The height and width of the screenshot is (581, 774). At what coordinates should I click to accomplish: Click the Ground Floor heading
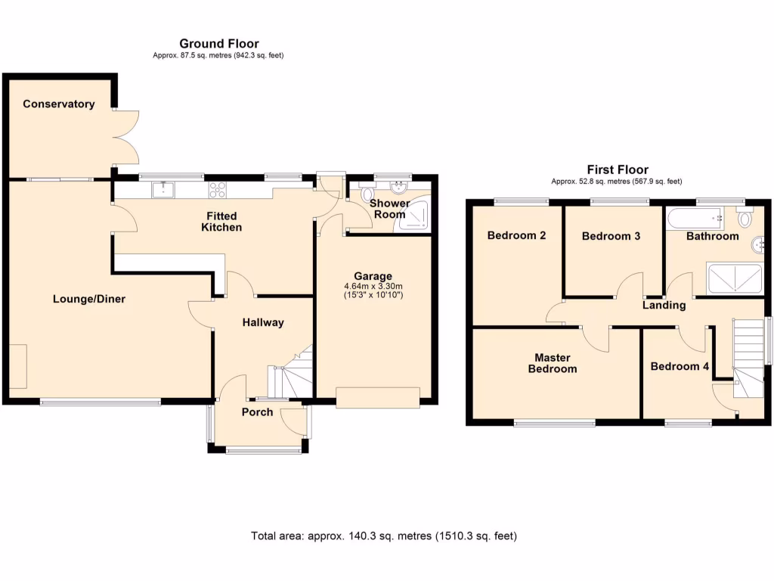point(218,44)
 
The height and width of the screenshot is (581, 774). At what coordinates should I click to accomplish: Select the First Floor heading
point(617,170)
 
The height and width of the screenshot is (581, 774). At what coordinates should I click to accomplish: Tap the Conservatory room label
point(58,104)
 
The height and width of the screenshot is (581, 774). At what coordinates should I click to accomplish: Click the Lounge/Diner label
point(89,299)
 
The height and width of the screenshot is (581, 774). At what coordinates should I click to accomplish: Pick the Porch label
point(257,412)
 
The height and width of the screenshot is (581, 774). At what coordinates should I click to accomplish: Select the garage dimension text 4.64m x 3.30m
point(374,286)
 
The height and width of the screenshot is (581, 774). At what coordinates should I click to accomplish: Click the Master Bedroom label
point(556,363)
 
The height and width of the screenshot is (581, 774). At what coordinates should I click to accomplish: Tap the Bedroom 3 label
point(611,236)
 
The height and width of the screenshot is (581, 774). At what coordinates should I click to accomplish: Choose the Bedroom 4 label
point(680,366)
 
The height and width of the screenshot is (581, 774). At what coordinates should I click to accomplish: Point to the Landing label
point(664,306)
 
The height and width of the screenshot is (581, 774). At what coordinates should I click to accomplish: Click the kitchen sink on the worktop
point(163,189)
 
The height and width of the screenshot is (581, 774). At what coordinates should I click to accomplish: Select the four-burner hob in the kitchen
point(218,189)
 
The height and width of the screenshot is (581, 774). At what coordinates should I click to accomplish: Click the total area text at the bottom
point(384,536)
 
